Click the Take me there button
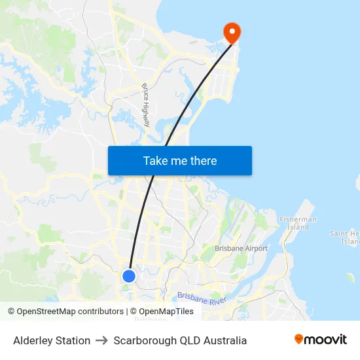point(180,160)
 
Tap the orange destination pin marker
point(232,32)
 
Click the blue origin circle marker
point(129,276)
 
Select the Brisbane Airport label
point(242,249)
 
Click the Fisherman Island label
point(298,223)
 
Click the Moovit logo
point(321,340)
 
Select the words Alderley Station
point(52,340)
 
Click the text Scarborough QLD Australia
point(180,340)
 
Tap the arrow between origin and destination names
point(101,340)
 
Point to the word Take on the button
point(155,160)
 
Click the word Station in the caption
point(72,340)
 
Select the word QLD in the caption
point(186,340)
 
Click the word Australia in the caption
point(224,340)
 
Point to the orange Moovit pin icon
point(299,339)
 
